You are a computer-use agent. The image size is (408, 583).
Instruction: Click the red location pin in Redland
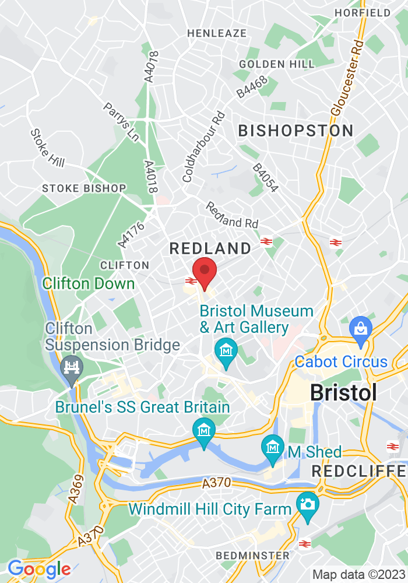(205, 272)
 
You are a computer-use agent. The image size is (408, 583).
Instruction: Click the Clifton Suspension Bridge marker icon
(72, 368)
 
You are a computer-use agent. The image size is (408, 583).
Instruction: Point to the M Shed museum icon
(272, 448)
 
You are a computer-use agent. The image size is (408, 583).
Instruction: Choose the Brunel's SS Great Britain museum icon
(204, 431)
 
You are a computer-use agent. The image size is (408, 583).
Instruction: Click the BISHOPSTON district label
(296, 131)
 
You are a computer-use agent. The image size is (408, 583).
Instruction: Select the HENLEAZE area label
(217, 33)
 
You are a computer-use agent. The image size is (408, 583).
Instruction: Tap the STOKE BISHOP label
(84, 188)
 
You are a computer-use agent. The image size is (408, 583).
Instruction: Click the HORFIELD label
(371, 13)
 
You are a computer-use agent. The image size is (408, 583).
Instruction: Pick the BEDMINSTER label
(252, 555)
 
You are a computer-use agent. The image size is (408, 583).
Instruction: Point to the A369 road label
(75, 488)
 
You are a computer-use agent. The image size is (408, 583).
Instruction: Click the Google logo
(39, 568)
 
